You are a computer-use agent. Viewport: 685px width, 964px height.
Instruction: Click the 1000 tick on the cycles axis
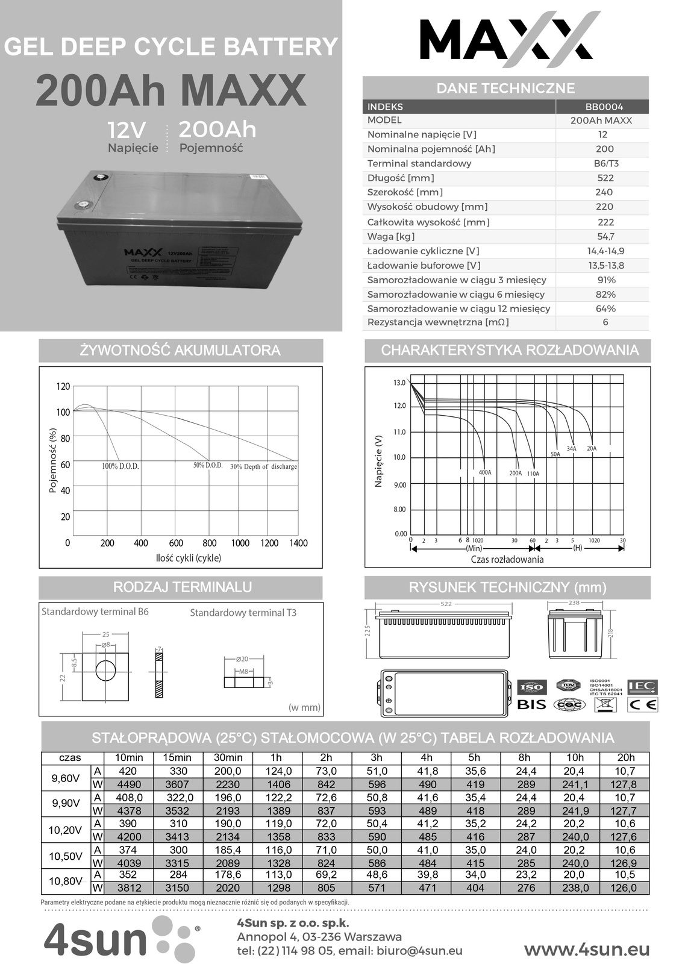[x=240, y=543]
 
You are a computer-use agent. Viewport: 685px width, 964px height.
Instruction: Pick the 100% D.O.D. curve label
[x=120, y=466]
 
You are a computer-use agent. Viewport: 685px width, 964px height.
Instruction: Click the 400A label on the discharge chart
[x=485, y=472]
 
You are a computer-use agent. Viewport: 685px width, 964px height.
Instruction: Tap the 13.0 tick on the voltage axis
[x=399, y=383]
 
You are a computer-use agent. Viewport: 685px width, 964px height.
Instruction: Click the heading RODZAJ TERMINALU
[x=182, y=587]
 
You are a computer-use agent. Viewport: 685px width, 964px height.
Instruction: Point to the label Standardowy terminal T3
[x=243, y=613]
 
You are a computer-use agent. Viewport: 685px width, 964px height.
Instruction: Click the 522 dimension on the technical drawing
[x=446, y=604]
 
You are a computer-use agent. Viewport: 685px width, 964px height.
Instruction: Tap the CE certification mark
[x=643, y=704]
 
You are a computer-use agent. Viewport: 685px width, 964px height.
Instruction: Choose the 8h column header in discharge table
[x=524, y=757]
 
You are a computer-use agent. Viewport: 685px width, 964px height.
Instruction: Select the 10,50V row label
[x=65, y=857]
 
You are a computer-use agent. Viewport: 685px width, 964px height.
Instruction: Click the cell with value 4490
[x=128, y=784]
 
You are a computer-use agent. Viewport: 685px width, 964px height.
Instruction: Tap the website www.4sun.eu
[x=587, y=950]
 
